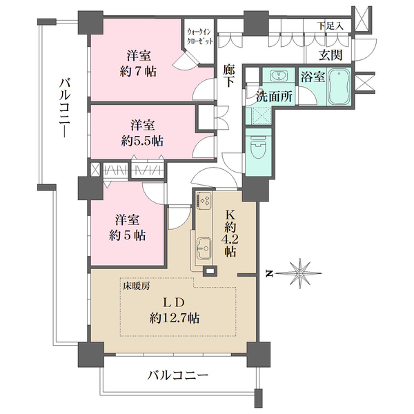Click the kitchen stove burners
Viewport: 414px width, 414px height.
(204, 201)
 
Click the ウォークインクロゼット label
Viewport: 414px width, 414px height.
(199, 37)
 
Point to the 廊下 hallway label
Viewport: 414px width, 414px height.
(230, 75)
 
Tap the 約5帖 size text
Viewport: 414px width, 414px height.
(127, 235)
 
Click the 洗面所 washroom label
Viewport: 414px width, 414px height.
(275, 97)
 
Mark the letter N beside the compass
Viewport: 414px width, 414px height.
(270, 274)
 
